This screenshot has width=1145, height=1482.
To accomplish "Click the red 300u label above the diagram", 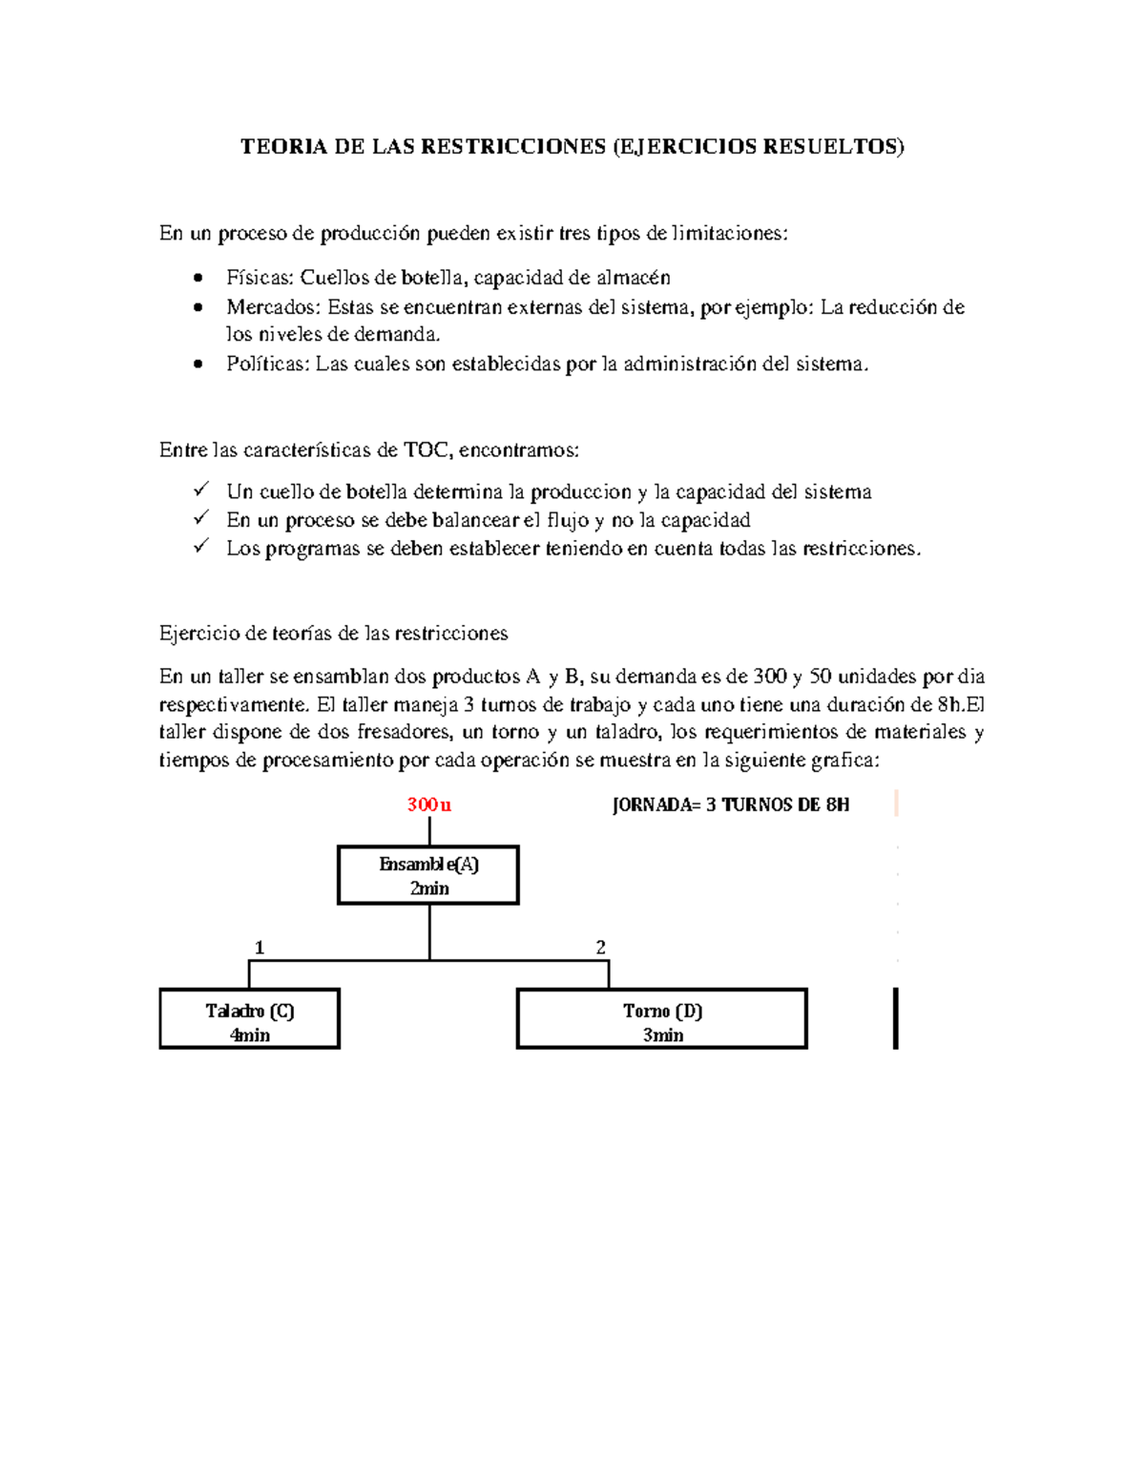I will [428, 804].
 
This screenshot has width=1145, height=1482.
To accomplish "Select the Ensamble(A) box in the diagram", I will [428, 875].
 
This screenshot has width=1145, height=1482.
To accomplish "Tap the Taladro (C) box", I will [250, 1019].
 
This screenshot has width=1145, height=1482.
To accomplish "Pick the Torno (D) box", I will [662, 1019].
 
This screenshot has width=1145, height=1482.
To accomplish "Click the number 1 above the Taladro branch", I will [259, 948].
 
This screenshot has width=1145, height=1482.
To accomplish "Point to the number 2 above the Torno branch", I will [600, 948].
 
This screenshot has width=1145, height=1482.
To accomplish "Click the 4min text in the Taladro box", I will [250, 1035].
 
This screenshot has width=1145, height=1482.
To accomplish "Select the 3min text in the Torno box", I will [662, 1035].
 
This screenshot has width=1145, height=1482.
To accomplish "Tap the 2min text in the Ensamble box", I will [429, 888].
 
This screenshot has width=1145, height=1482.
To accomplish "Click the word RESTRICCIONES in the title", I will [512, 146].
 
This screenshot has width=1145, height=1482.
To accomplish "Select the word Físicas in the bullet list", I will [260, 278].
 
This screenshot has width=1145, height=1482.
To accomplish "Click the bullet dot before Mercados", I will [198, 307].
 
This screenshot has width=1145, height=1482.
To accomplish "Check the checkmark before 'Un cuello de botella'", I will [200, 490].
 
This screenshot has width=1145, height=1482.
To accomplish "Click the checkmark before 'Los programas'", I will [200, 546].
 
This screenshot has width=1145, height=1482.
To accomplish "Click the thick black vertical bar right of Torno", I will [895, 1018].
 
